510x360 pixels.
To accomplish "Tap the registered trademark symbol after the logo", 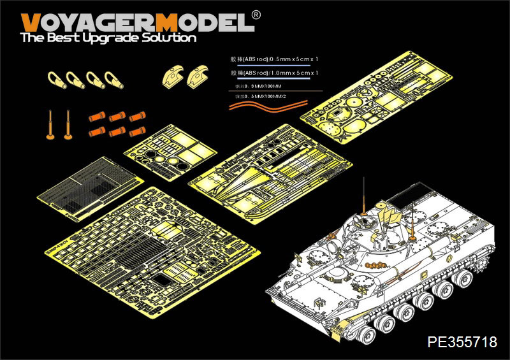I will pos(256,15).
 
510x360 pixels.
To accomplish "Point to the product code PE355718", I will pos(460,342).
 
